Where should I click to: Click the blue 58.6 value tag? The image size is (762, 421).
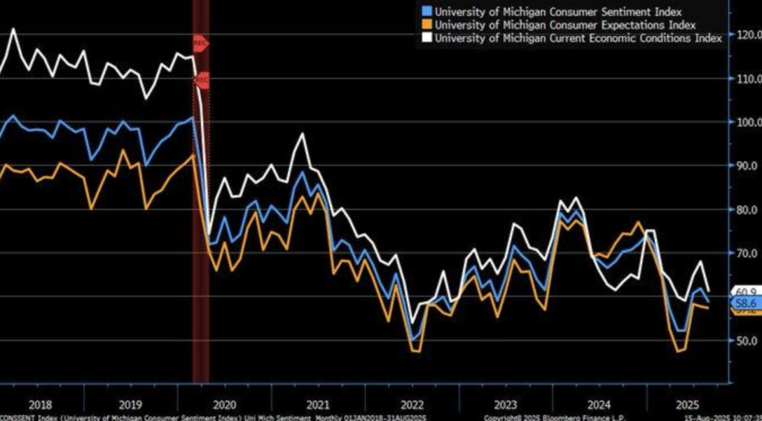[746, 303]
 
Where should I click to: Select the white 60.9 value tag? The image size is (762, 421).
[746, 291]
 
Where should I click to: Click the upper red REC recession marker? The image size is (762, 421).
[200, 43]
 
